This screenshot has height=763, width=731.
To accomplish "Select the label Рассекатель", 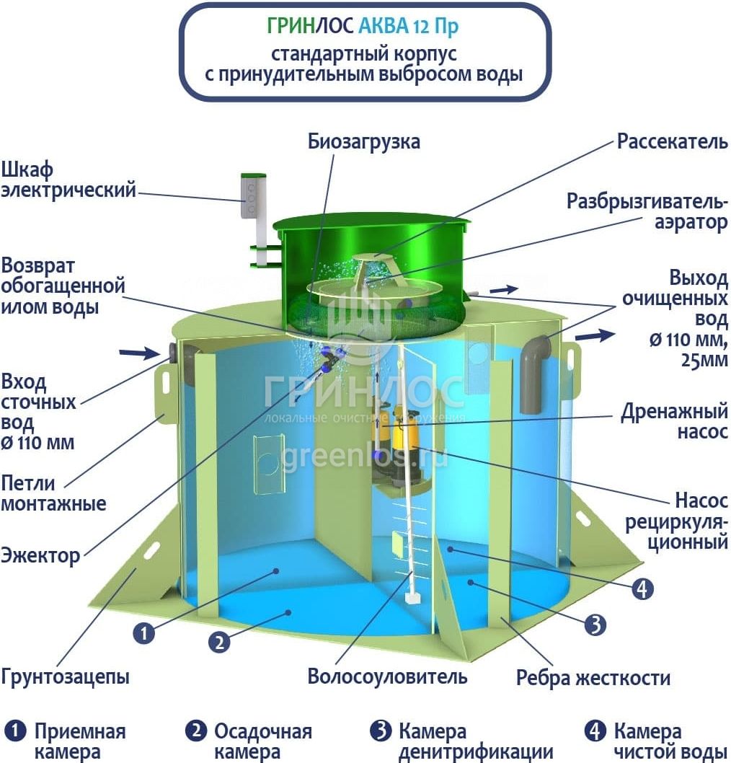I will pyautogui.click(x=672, y=141).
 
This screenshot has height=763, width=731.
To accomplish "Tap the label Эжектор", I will pyautogui.click(x=40, y=556).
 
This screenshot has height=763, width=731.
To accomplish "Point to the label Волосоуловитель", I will pyautogui.click(x=387, y=676).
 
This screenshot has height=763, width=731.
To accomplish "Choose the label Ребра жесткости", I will pyautogui.click(x=593, y=679).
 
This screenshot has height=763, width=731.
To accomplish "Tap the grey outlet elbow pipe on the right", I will pyautogui.click(x=536, y=368).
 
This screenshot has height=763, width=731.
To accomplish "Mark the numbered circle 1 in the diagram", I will pyautogui.click(x=144, y=633).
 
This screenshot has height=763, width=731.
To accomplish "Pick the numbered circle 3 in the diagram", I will pyautogui.click(x=595, y=625).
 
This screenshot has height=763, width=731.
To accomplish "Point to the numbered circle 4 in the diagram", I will pyautogui.click(x=642, y=589).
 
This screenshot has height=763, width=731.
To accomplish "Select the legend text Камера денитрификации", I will pyautogui.click(x=465, y=742).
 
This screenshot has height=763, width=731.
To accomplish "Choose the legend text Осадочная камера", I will pyautogui.click(x=262, y=742).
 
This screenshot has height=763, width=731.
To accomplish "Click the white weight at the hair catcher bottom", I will pyautogui.click(x=412, y=598).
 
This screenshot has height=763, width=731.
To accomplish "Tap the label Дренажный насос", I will pyautogui.click(x=675, y=422).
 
